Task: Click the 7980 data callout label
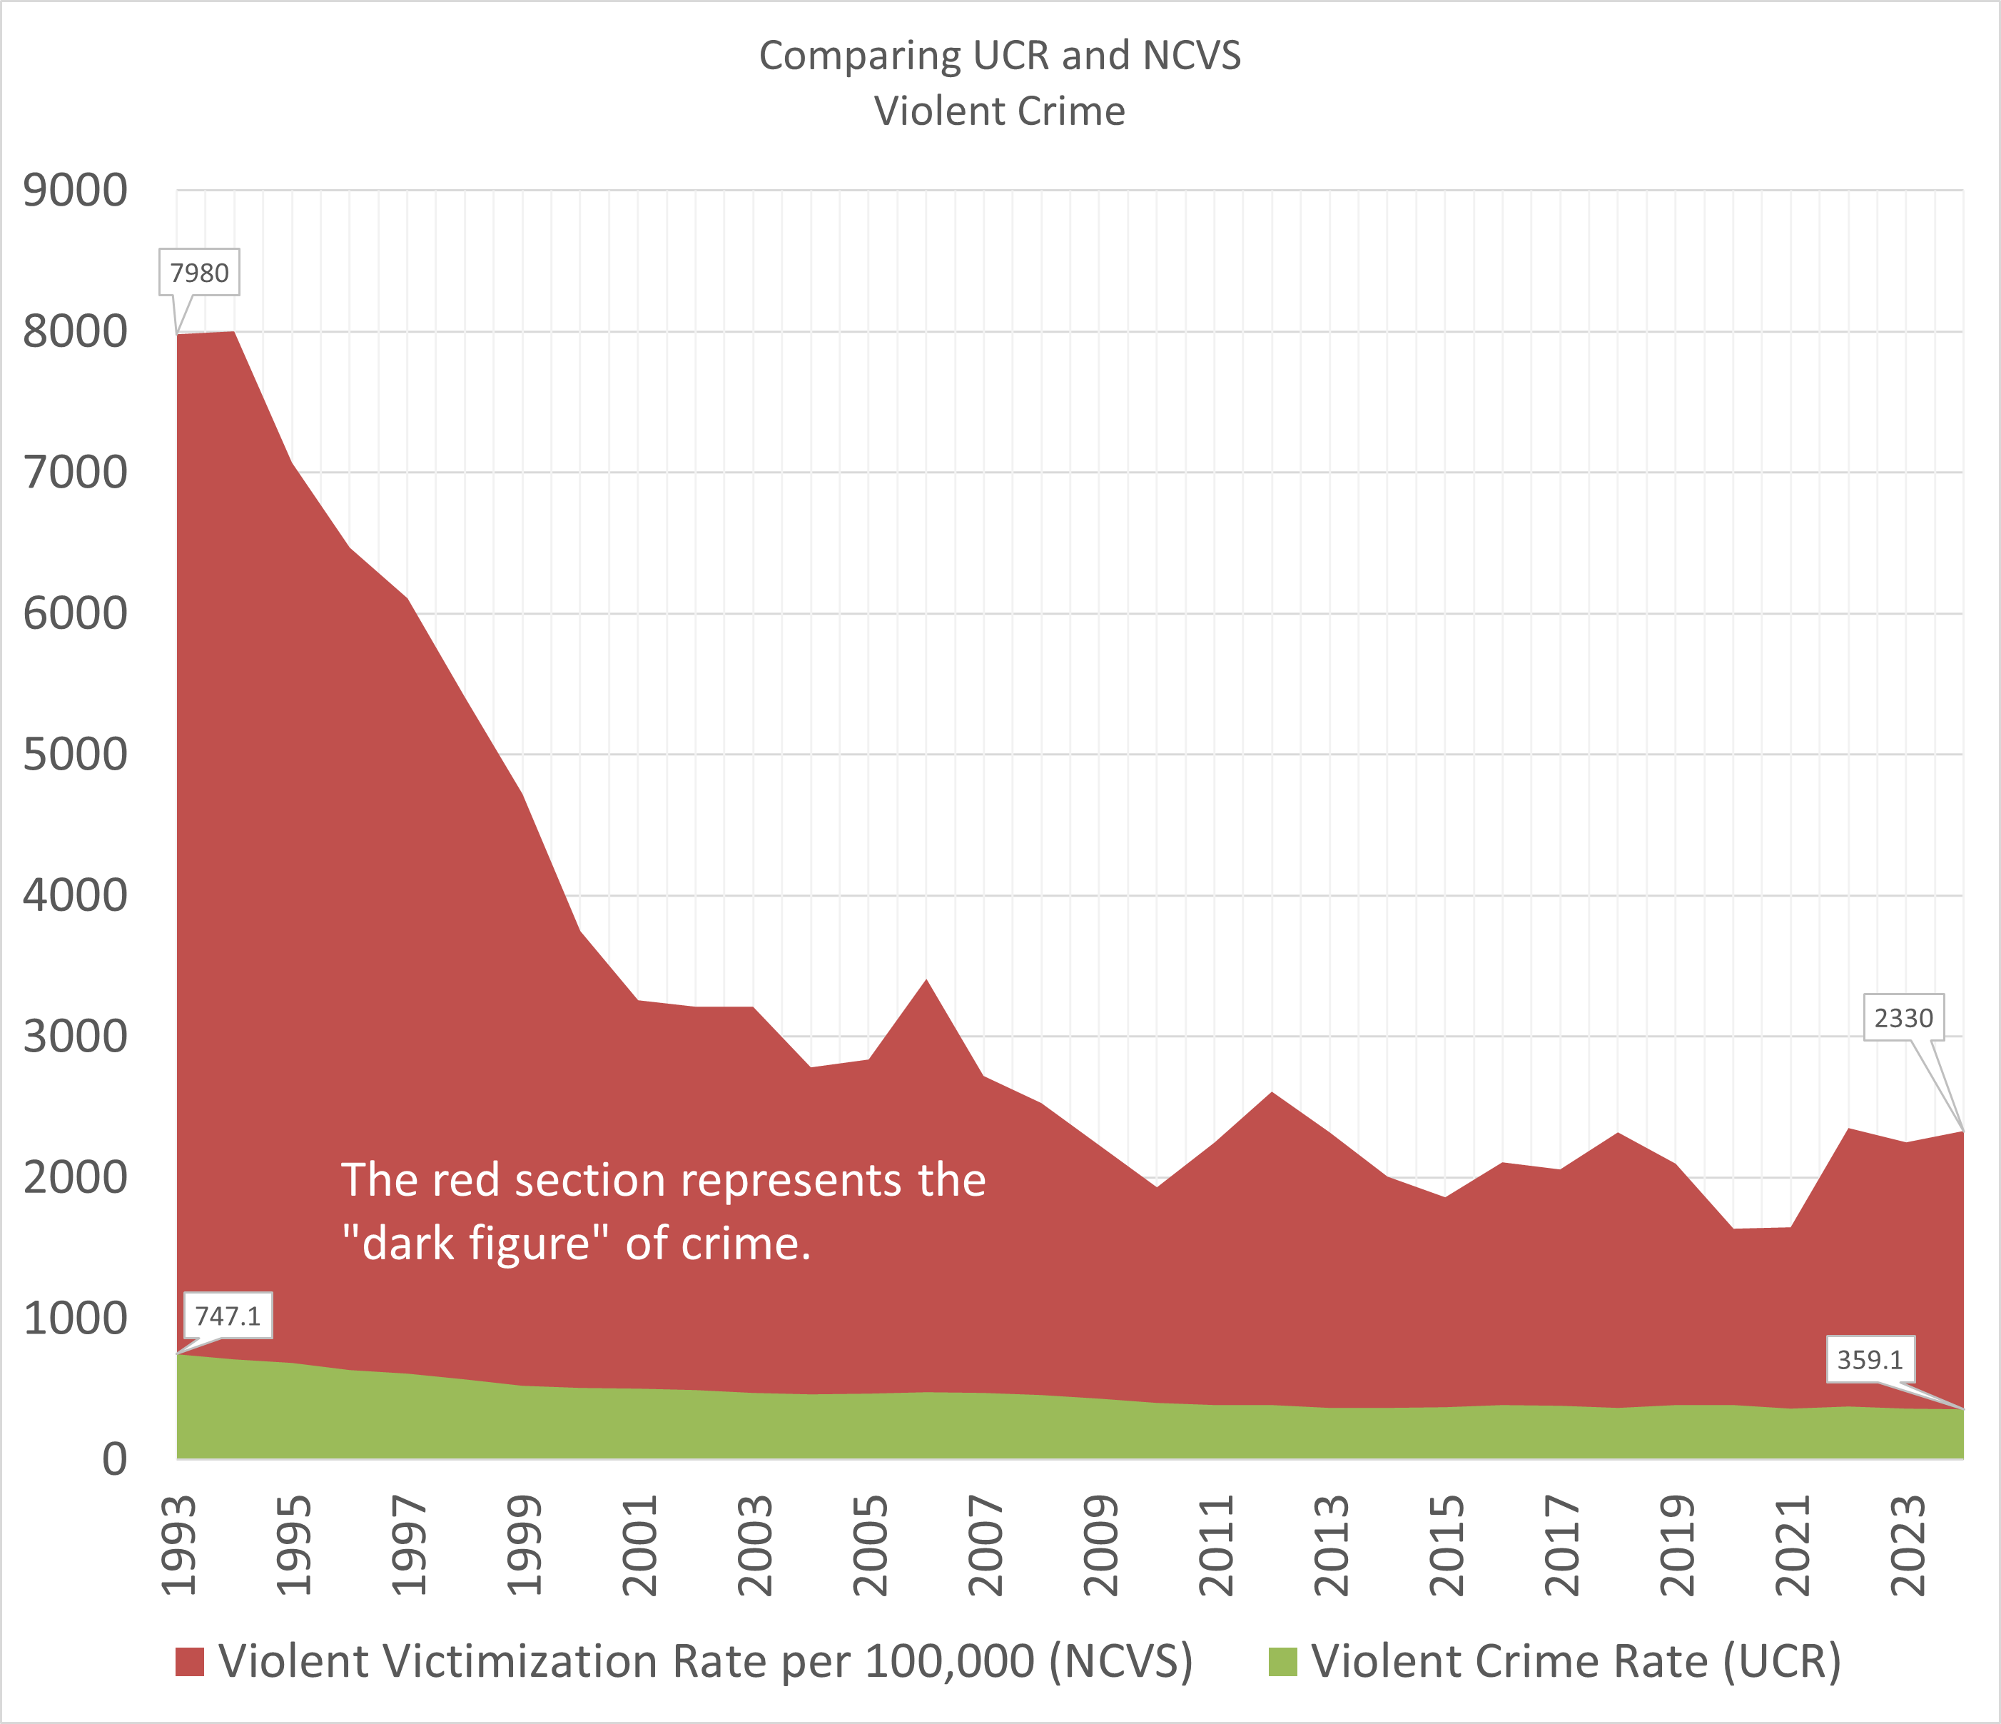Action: click(x=199, y=273)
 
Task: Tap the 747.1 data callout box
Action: click(x=228, y=1316)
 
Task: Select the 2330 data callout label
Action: click(x=1903, y=1018)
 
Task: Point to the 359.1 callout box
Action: click(x=1870, y=1360)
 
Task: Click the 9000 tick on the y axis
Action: click(x=76, y=191)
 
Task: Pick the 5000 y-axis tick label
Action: click(x=76, y=755)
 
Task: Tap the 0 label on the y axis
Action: click(x=114, y=1458)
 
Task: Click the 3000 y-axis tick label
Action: click(x=76, y=1037)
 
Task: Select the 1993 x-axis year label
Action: click(x=180, y=1546)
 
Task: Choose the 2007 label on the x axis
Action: click(x=987, y=1546)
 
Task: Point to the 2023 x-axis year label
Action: click(x=1909, y=1546)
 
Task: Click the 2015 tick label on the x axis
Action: click(x=1448, y=1546)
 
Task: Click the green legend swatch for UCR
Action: click(x=1282, y=1662)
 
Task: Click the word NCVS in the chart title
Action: click(x=1191, y=56)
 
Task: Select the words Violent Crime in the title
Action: click(x=1000, y=111)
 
